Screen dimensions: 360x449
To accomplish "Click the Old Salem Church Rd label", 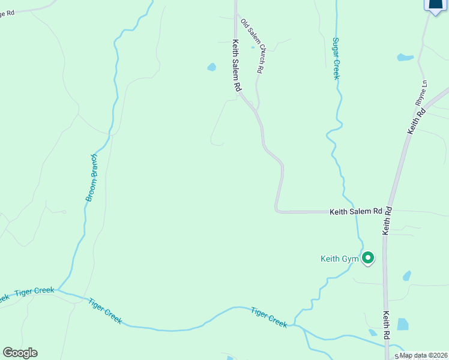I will pyautogui.click(x=252, y=46).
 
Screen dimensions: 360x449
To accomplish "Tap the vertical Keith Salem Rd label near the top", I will pyautogui.click(x=237, y=65).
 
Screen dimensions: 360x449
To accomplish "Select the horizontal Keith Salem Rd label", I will pyautogui.click(x=356, y=212).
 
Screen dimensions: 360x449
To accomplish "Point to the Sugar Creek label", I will pyautogui.click(x=336, y=59).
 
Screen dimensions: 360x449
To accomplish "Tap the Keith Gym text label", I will pyautogui.click(x=339, y=259).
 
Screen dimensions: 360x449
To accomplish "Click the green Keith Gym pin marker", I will pyautogui.click(x=368, y=258).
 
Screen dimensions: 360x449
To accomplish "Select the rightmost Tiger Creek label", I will pyautogui.click(x=269, y=316).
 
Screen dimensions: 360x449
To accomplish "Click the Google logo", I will pyautogui.click(x=20, y=353).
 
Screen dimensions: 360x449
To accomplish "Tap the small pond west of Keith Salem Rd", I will pyautogui.click(x=211, y=67).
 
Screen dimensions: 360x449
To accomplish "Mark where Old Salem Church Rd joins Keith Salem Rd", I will pyautogui.click(x=256, y=112).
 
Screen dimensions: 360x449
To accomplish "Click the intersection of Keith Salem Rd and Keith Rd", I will pyautogui.click(x=389, y=212).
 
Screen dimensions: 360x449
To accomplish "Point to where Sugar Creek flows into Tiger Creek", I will pyautogui.click(x=294, y=325).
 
